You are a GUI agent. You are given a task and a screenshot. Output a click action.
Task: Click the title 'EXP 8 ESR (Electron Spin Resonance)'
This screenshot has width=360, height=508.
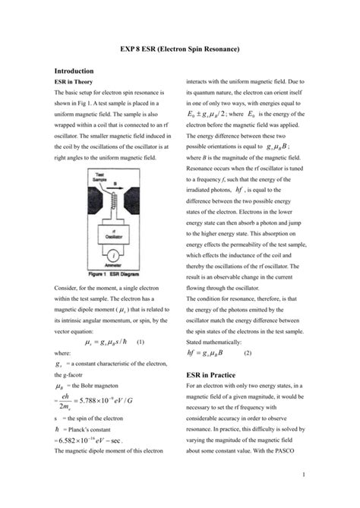click(180, 49)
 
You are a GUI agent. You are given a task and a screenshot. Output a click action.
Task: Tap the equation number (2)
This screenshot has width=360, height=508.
click(248, 353)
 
